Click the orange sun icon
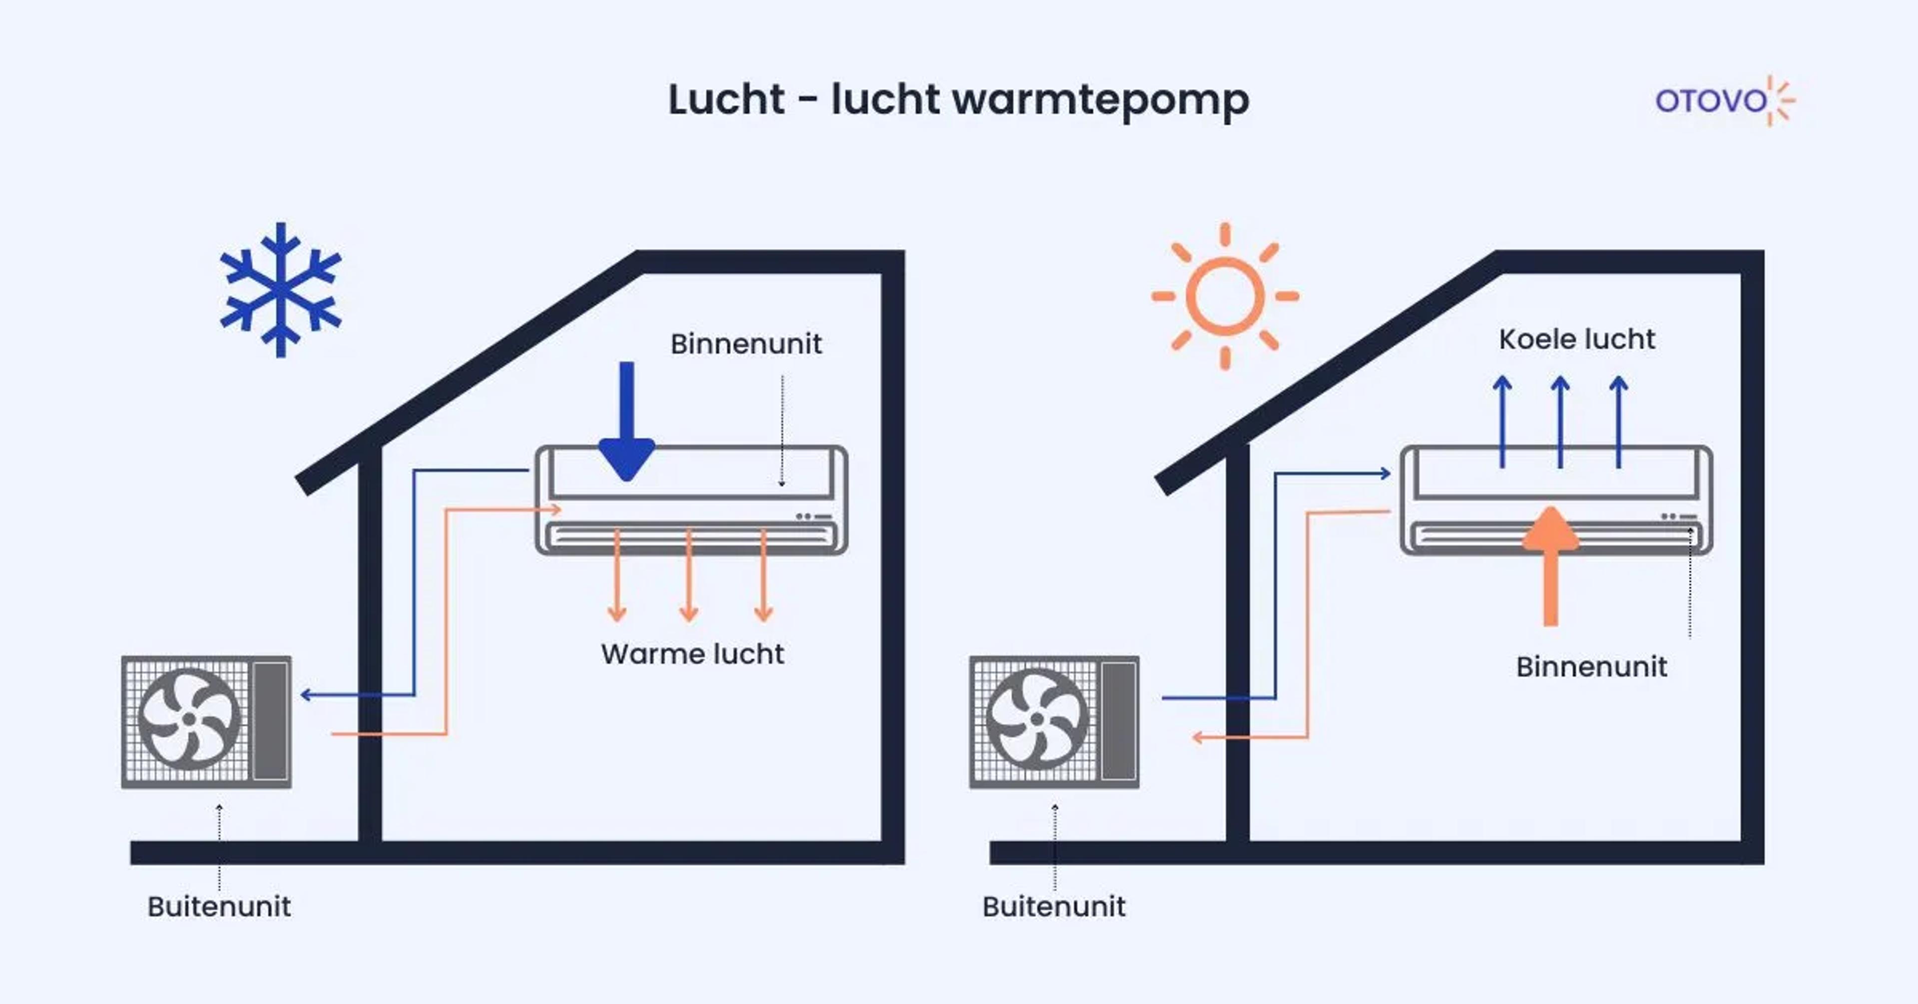click(x=1225, y=296)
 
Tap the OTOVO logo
click(x=1724, y=100)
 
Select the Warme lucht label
click(x=692, y=654)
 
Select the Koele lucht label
click(x=1576, y=339)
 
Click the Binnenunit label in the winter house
click(x=746, y=344)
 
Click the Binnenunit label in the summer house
click(x=1591, y=667)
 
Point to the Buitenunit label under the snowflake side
click(x=219, y=907)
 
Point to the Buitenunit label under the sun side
click(x=1053, y=907)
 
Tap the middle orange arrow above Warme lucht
click(x=689, y=577)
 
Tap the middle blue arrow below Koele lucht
click(x=1560, y=421)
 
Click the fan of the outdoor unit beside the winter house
click(x=189, y=719)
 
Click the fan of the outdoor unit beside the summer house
click(x=1037, y=719)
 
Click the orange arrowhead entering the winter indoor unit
click(x=555, y=509)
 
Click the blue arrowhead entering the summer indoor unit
click(x=1385, y=473)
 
